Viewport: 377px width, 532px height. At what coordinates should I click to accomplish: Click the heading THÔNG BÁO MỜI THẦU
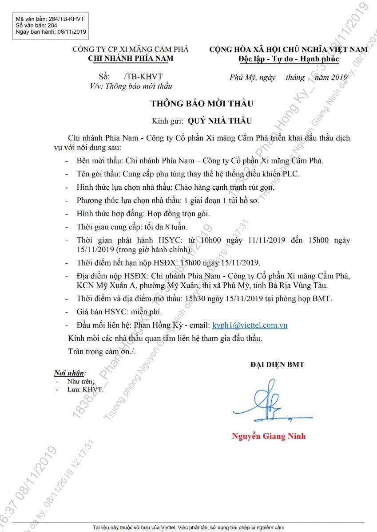(202, 104)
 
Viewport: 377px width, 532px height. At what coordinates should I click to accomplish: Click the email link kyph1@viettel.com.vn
(250, 325)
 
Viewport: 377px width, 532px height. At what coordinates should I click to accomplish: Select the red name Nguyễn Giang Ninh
(269, 436)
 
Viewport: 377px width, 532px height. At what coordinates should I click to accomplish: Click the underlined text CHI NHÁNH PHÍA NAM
(131, 58)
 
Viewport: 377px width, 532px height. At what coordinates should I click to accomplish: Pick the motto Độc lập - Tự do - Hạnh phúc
(288, 59)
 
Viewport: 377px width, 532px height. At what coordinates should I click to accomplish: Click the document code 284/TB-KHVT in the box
(66, 19)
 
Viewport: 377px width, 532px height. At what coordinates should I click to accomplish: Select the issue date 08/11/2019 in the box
(72, 31)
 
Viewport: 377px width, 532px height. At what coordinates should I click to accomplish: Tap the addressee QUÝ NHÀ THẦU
(219, 121)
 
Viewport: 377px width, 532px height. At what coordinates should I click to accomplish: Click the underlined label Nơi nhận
(70, 372)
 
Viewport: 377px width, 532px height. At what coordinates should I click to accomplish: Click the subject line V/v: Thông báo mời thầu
(131, 86)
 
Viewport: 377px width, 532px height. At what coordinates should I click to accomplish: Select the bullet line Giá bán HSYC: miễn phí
(119, 312)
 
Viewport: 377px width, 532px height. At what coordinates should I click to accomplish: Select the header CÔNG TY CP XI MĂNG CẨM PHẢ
(131, 49)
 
